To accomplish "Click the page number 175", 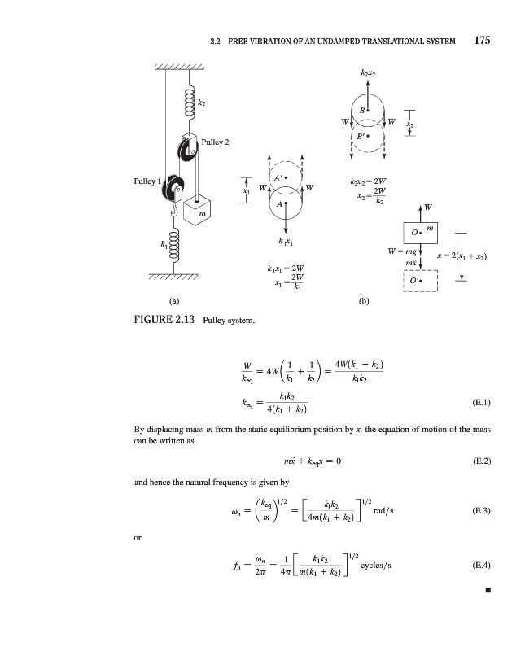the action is point(482,40).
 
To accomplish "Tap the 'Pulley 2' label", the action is point(215,142).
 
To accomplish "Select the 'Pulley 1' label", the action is point(147,181).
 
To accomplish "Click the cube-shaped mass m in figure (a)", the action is point(197,210).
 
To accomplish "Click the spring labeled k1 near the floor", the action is point(174,247).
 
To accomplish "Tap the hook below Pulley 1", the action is point(174,209).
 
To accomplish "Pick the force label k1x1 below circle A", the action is point(286,242).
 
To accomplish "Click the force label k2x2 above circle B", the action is point(369,73).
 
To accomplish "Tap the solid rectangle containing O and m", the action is point(420,233).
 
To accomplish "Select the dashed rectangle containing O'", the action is point(420,281).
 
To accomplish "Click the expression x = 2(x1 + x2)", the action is point(462,256).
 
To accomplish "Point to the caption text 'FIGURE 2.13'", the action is point(164,319).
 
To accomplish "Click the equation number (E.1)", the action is point(481,402).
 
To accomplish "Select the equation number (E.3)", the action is point(481,511).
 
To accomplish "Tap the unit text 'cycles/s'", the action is point(376,566).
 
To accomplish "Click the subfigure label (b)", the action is point(363,301).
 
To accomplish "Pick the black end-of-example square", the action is point(488,590).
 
